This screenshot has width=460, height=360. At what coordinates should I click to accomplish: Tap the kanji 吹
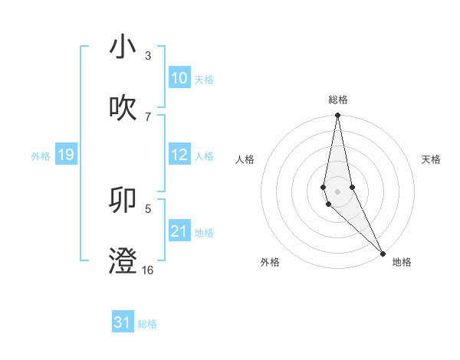(x=123, y=108)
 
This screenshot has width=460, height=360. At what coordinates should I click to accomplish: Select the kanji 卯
(x=123, y=199)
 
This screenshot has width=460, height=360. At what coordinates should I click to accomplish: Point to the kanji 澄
(x=123, y=260)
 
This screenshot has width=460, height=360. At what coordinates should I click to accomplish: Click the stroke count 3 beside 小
(x=148, y=56)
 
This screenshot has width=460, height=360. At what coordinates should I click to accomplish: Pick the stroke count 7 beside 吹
(x=148, y=116)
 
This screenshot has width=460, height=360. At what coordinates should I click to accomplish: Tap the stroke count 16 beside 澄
(x=148, y=270)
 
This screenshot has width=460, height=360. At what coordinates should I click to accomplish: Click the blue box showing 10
(x=179, y=78)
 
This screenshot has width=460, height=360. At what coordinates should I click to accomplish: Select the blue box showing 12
(x=179, y=155)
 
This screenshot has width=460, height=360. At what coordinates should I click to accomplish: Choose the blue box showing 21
(x=179, y=231)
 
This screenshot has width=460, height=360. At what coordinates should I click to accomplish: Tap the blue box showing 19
(x=65, y=155)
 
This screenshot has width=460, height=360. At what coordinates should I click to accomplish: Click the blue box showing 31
(x=123, y=322)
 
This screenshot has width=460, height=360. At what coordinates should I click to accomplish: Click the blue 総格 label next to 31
(x=147, y=324)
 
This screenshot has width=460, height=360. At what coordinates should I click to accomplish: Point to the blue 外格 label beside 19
(x=41, y=156)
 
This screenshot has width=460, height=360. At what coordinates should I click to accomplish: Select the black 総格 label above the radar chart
(x=338, y=100)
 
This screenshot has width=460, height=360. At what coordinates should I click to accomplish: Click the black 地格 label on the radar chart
(x=402, y=262)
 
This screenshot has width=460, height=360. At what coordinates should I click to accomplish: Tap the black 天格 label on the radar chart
(x=431, y=159)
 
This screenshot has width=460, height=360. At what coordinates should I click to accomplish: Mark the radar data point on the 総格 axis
(x=337, y=116)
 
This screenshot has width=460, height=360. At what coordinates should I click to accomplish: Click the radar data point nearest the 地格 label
(x=383, y=252)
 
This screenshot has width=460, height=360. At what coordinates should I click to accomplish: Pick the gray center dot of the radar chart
(x=337, y=191)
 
